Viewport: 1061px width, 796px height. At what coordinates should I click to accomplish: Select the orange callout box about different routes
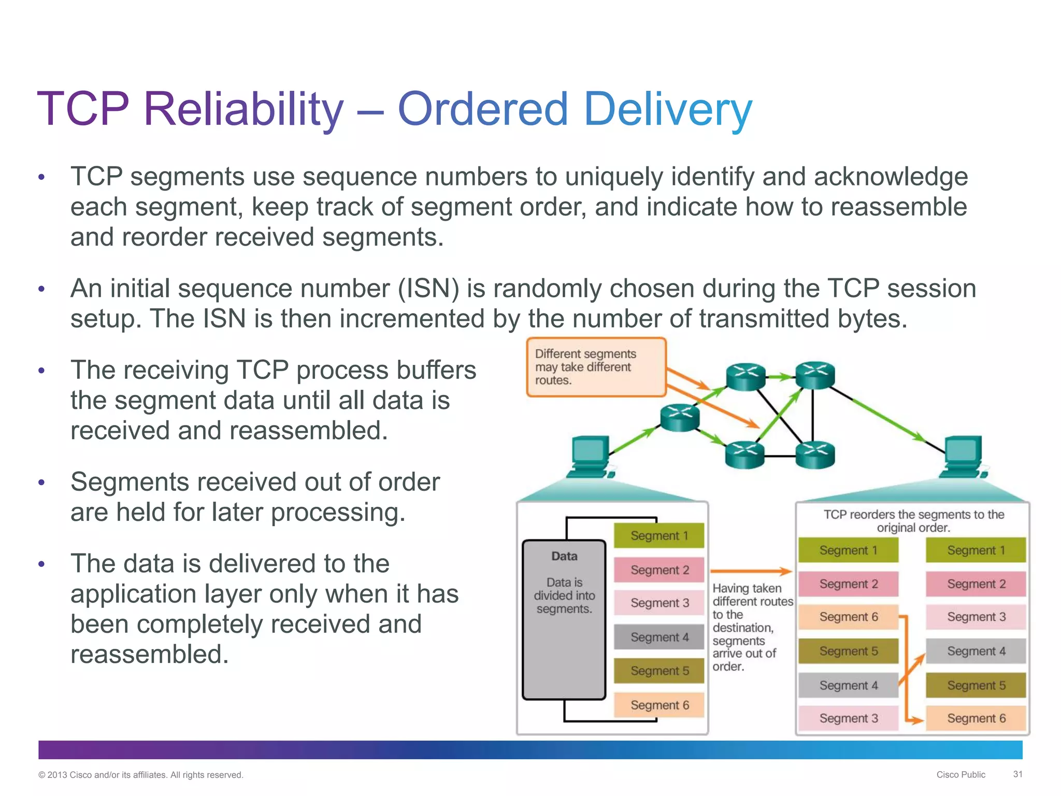[x=596, y=367]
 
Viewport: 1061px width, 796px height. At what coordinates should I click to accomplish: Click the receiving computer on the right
[x=963, y=456]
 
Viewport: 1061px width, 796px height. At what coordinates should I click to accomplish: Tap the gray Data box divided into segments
[x=564, y=619]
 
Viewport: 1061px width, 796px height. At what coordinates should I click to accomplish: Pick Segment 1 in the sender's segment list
[x=659, y=536]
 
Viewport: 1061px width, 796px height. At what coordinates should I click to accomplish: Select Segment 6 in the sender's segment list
[x=659, y=705]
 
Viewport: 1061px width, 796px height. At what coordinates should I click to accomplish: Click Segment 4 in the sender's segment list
[x=659, y=637]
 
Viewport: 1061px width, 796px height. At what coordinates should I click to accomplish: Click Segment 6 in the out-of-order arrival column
[x=848, y=617]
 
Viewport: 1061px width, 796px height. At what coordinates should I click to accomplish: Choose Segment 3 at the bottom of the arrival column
[x=848, y=718]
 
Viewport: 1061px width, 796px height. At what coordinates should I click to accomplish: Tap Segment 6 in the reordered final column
[x=976, y=718]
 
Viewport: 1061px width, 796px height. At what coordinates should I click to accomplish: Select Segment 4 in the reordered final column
[x=976, y=651]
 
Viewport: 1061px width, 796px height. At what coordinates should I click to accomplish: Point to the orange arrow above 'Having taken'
[x=751, y=572]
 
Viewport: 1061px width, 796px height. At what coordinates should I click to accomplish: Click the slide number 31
[x=1017, y=774]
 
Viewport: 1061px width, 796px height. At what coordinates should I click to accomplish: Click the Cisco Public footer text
[x=960, y=775]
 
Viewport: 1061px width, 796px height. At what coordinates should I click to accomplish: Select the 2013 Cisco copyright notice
[x=140, y=775]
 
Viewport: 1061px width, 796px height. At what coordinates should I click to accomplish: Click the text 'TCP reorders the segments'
[x=913, y=515]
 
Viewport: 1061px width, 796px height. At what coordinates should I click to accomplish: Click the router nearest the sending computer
[x=680, y=418]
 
